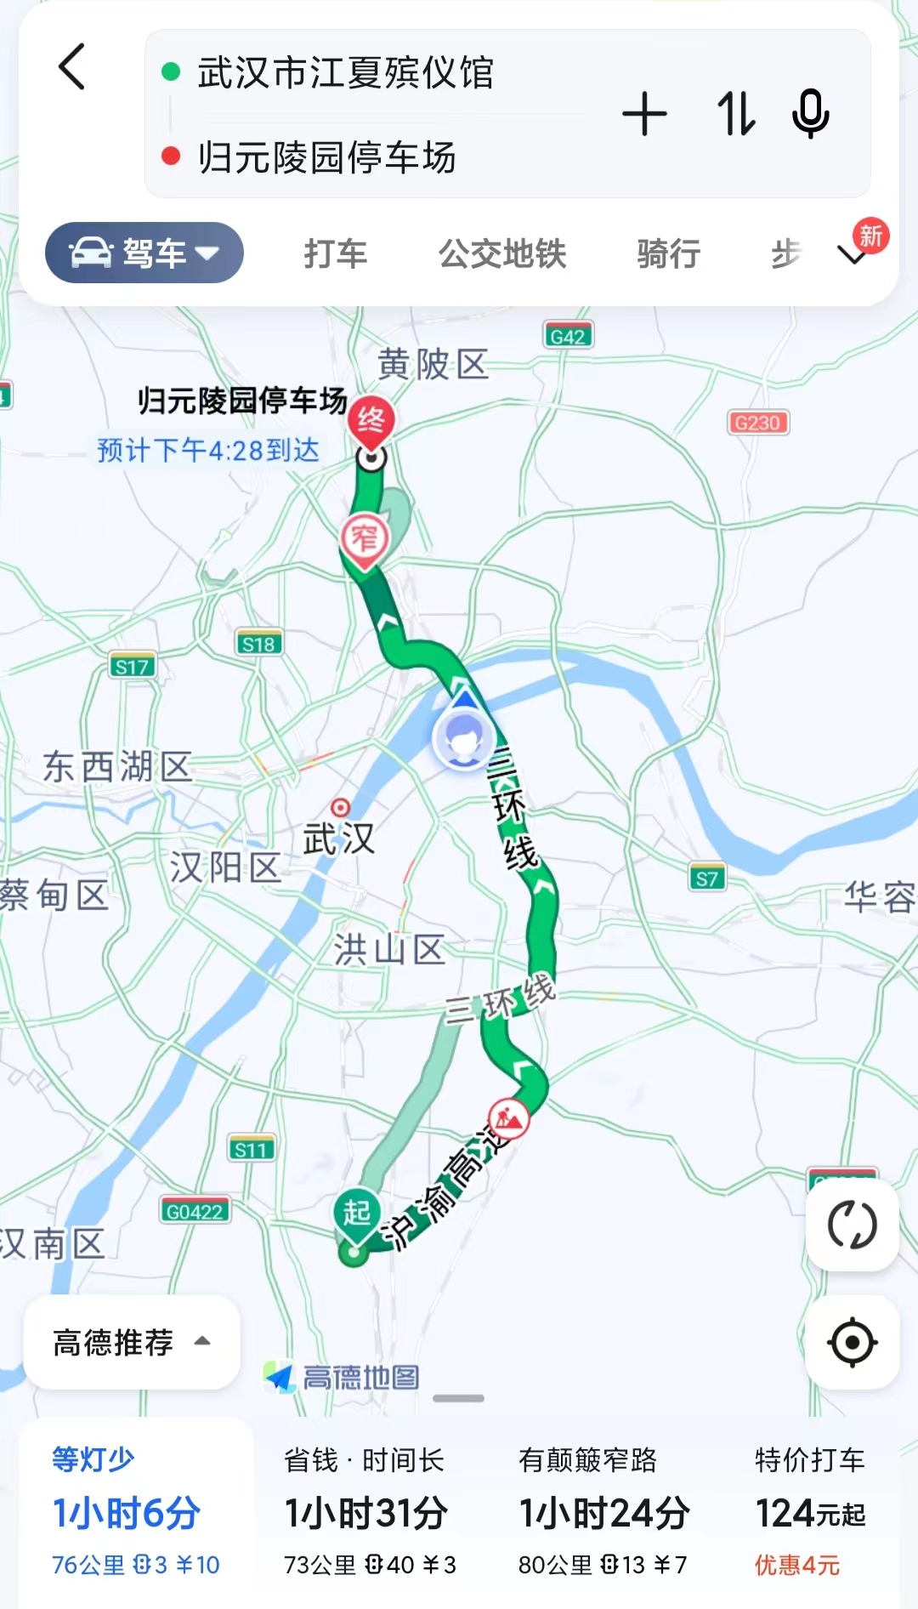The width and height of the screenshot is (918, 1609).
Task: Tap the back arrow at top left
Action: click(x=72, y=67)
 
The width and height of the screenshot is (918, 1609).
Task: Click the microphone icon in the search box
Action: click(x=810, y=114)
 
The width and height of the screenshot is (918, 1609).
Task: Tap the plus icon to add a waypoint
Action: click(x=644, y=114)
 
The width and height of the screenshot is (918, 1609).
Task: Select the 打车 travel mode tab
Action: click(x=335, y=253)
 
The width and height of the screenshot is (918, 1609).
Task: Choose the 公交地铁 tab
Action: click(x=502, y=253)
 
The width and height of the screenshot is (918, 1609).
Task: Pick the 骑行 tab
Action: click(x=668, y=253)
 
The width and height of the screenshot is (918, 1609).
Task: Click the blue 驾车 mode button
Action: click(x=144, y=253)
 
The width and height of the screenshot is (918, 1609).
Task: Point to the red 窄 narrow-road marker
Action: click(x=365, y=539)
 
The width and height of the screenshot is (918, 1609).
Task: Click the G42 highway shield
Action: click(x=567, y=336)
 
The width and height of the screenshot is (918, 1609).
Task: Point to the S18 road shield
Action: click(x=258, y=644)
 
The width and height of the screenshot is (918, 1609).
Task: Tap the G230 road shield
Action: click(x=757, y=423)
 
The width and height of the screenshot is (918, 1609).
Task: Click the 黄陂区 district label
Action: click(x=433, y=365)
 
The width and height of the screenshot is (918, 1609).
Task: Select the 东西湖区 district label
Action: click(x=118, y=767)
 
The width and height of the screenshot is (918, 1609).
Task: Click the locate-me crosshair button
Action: click(x=852, y=1342)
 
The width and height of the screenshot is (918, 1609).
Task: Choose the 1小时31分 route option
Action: click(x=366, y=1513)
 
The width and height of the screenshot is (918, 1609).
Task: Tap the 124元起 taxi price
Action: click(x=809, y=1513)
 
